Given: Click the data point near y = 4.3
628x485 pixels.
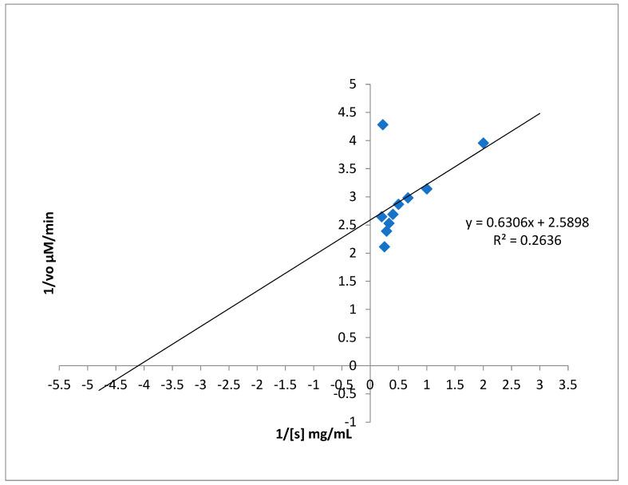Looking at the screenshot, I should click(382, 124).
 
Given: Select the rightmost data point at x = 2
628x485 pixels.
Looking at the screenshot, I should click(483, 143).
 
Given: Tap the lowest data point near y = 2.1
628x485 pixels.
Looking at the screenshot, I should click(384, 246).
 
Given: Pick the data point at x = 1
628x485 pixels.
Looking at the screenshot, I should click(427, 189).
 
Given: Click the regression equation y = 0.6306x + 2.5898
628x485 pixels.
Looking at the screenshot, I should click(527, 223).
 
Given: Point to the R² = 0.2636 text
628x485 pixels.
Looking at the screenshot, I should click(527, 239).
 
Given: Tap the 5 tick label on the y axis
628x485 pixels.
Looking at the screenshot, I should click(352, 85).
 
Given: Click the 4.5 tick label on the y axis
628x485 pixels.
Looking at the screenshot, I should click(347, 112).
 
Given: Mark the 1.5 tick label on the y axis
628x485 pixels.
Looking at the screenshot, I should click(347, 282).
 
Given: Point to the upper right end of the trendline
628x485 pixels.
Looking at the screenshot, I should click(539, 113).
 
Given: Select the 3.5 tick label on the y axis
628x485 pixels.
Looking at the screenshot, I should click(347, 169).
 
